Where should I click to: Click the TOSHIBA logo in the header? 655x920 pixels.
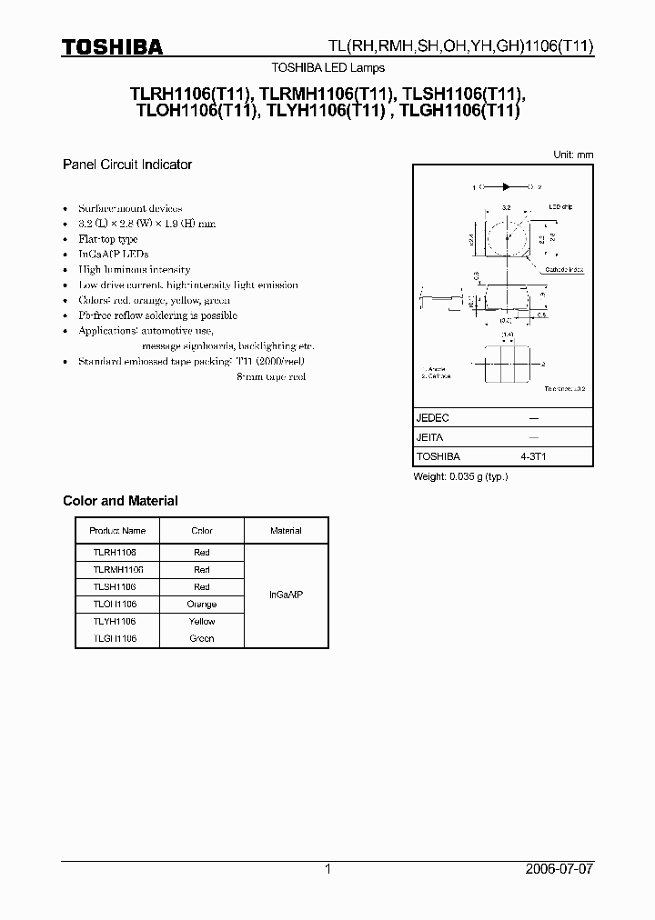(x=112, y=46)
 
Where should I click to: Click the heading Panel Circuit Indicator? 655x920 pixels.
(x=126, y=165)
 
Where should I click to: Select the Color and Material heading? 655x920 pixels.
(x=120, y=501)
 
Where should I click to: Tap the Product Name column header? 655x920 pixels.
(x=117, y=531)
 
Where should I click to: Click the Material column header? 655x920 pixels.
(x=287, y=531)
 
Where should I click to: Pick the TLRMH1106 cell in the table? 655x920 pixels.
(x=117, y=569)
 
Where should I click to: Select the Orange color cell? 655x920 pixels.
(x=202, y=604)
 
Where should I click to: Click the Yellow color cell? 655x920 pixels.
(x=202, y=621)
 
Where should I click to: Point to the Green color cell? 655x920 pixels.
(x=202, y=638)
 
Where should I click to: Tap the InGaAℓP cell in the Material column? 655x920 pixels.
(x=287, y=595)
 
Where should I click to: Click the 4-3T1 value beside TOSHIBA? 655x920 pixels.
(x=533, y=456)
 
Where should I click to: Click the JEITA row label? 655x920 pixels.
(x=430, y=437)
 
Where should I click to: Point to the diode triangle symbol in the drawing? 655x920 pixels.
(x=506, y=187)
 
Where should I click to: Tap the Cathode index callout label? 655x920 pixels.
(x=565, y=270)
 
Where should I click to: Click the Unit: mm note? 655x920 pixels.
(x=573, y=155)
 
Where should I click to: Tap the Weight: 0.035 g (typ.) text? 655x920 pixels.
(x=460, y=476)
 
